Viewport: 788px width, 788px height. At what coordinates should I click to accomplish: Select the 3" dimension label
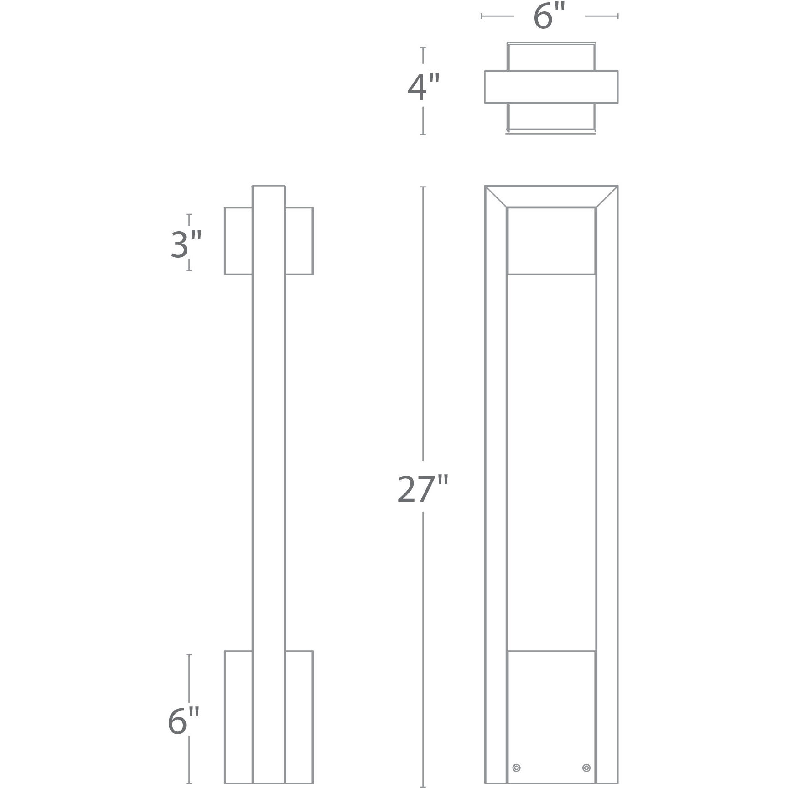click(x=186, y=244)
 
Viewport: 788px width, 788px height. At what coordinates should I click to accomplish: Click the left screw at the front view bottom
click(x=516, y=768)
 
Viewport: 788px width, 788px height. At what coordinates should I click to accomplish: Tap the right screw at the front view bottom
click(x=586, y=768)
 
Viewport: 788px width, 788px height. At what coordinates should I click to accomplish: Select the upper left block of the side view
click(x=238, y=241)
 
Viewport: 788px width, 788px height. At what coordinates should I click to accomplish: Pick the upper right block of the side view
click(x=299, y=241)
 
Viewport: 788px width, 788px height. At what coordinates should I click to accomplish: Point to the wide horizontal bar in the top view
click(x=551, y=87)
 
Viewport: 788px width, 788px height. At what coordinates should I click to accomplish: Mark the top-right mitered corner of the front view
click(x=607, y=197)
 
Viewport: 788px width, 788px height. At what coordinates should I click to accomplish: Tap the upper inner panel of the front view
click(x=551, y=241)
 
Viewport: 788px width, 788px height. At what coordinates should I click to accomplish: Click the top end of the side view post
click(x=269, y=187)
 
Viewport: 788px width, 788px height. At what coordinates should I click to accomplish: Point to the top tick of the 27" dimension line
click(x=423, y=187)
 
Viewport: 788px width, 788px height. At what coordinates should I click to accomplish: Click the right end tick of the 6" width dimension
click(x=617, y=16)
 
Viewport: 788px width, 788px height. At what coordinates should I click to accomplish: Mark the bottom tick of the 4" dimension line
click(x=423, y=134)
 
